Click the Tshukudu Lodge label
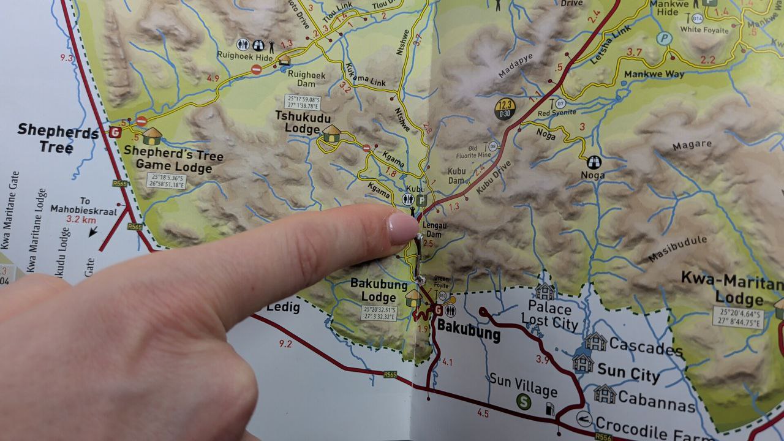[x=298, y=122]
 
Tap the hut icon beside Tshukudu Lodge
[x=331, y=133]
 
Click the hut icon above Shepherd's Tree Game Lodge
[x=151, y=136]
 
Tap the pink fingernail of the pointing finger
[x=402, y=227]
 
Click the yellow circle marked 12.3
[x=505, y=109]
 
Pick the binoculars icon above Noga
[x=594, y=162]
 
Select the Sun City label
[x=628, y=372]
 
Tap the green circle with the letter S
[x=523, y=401]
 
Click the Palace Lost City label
[x=549, y=314]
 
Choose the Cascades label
[x=646, y=349]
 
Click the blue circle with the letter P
[x=664, y=39]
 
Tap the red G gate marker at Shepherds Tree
[x=115, y=132]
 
